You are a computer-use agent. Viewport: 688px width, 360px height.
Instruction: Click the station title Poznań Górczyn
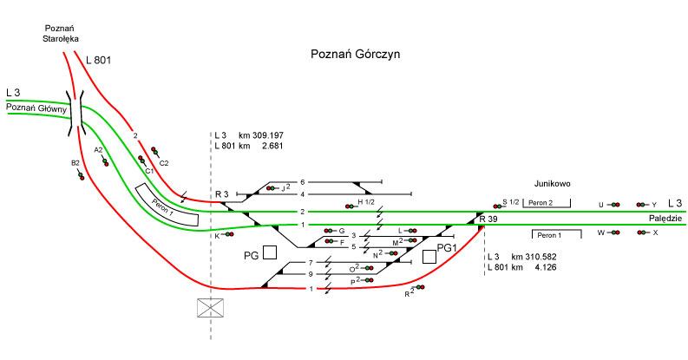click(355, 55)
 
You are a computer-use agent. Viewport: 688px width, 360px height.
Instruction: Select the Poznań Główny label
click(36, 108)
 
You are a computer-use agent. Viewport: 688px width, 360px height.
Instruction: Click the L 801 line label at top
click(100, 60)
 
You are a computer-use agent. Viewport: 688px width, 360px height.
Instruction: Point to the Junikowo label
click(553, 184)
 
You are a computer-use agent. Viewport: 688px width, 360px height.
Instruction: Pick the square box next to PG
click(270, 252)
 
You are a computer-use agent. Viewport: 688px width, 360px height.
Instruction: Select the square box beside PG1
click(429, 256)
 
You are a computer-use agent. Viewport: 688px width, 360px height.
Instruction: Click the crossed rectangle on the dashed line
click(211, 308)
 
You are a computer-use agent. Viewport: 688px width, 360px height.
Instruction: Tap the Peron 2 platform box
click(547, 203)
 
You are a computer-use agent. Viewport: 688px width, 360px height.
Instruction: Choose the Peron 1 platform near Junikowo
click(549, 234)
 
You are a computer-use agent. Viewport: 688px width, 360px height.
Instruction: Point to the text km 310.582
click(534, 258)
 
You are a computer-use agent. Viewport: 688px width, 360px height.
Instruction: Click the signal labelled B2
click(80, 173)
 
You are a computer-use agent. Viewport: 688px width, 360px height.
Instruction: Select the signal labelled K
click(229, 234)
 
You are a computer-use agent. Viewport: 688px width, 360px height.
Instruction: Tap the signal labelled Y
click(642, 204)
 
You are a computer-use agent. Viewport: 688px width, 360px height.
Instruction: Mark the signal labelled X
click(642, 232)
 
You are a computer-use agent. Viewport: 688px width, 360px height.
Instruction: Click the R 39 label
click(487, 219)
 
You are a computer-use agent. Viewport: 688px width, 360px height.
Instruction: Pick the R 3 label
click(221, 193)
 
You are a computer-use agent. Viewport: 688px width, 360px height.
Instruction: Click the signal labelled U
click(613, 204)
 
